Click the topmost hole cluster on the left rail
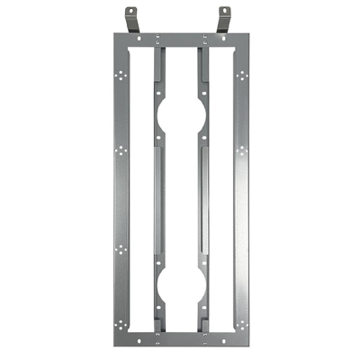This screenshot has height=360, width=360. pyautogui.click(x=122, y=76)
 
